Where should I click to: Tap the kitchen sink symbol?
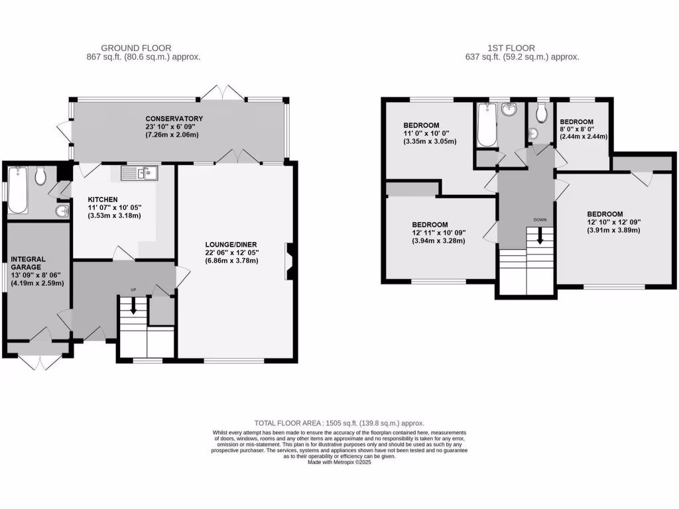tap(139, 174)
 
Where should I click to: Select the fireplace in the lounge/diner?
tap(289, 263)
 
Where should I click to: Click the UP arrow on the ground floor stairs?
tap(133, 306)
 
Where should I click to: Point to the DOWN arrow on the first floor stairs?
tap(539, 235)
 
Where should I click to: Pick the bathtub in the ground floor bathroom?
tap(17, 190)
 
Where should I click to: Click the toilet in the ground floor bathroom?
tap(40, 176)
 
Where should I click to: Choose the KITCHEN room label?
tap(103, 199)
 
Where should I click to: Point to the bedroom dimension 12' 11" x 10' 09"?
tap(439, 233)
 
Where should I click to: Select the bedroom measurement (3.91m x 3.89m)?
tap(613, 230)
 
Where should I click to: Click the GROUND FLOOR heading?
tap(136, 48)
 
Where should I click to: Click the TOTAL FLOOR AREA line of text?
tap(339, 423)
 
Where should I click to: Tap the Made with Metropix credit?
tap(339, 463)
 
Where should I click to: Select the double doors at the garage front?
tap(38, 361)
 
